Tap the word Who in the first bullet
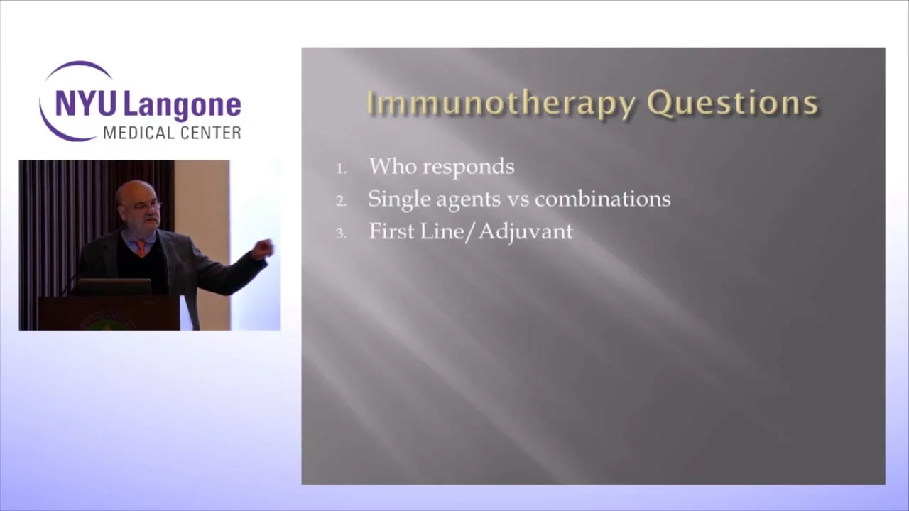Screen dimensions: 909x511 tap(393, 166)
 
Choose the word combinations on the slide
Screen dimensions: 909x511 tap(603, 199)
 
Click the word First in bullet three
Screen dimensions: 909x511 tap(392, 231)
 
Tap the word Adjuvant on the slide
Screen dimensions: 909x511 tap(526, 233)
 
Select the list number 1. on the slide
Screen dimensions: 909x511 tap(342, 169)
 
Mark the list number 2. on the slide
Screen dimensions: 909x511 tap(342, 201)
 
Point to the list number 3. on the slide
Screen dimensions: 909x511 tap(342, 233)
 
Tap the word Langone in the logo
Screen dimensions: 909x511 tap(182, 106)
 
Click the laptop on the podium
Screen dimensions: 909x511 tap(112, 287)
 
